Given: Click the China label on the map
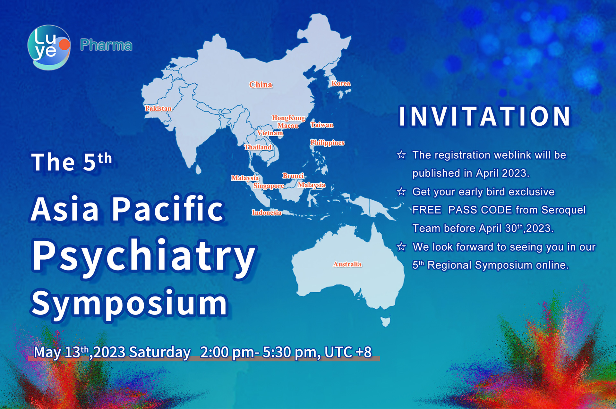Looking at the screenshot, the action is pos(261,85).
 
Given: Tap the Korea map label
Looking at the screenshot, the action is pos(341,83).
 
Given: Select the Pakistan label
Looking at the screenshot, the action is pos(158,108).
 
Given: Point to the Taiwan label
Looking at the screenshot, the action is pos(322,125).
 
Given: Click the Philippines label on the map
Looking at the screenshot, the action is pos(327,143).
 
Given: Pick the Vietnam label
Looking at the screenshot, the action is pos(270,133).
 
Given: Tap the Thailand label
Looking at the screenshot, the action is pos(258,147).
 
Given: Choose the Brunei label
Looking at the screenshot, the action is pos(293,176).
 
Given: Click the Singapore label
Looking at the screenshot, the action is pos(269,186).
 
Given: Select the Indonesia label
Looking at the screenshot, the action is pos(267,213).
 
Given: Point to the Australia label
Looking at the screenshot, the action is pos(347,264).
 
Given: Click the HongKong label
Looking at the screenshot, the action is pos(288,118).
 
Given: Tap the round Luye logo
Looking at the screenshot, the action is pos(49,47).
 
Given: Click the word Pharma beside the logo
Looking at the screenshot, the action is pos(106,45).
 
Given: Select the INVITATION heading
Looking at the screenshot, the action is pos(485,116).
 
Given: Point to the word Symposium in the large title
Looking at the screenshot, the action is pos(130,303).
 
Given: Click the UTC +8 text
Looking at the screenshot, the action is pos(348,352).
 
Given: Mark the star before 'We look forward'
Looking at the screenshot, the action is pos(401,247).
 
